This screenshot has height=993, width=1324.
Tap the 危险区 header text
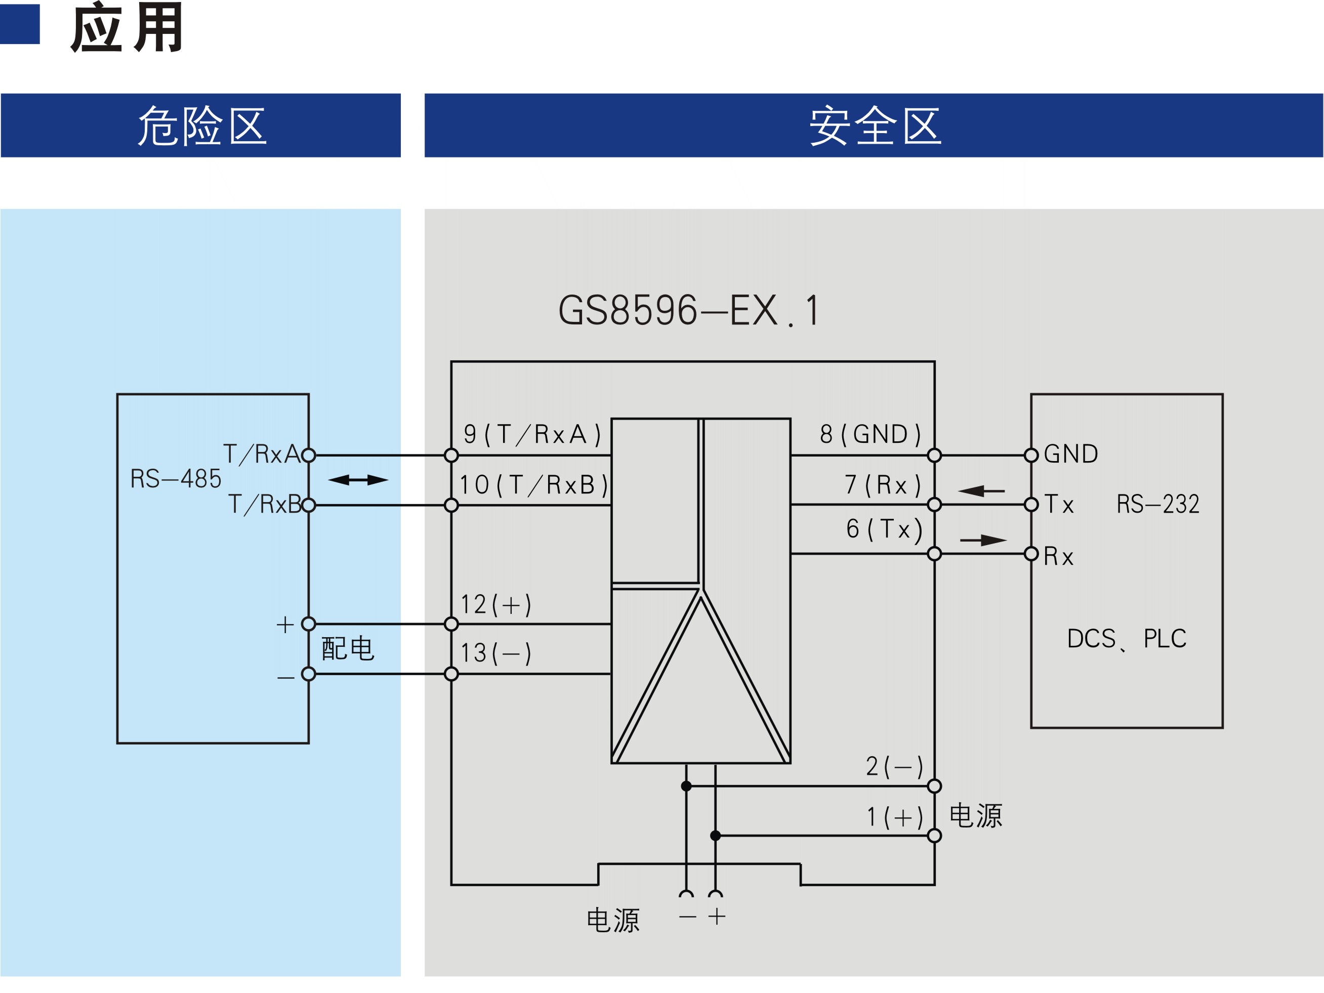202,125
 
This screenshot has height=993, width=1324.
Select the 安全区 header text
875,125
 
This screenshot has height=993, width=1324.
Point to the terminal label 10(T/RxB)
533,485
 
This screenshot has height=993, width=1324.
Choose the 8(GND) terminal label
871,434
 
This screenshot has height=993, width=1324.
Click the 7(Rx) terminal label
882,485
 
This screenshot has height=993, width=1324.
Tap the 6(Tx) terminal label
884,529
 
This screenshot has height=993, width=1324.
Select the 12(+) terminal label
495,604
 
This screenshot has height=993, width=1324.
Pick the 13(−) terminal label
495,653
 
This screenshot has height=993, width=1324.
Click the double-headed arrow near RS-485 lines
358,479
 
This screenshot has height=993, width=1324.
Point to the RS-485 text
176,479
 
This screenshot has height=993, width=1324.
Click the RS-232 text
1157,504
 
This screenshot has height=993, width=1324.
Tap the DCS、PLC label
1127,639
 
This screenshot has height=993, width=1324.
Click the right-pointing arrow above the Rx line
983,541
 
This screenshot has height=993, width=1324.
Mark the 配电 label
348,649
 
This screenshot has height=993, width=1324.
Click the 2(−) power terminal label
894,766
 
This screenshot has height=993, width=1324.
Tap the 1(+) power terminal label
895,817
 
